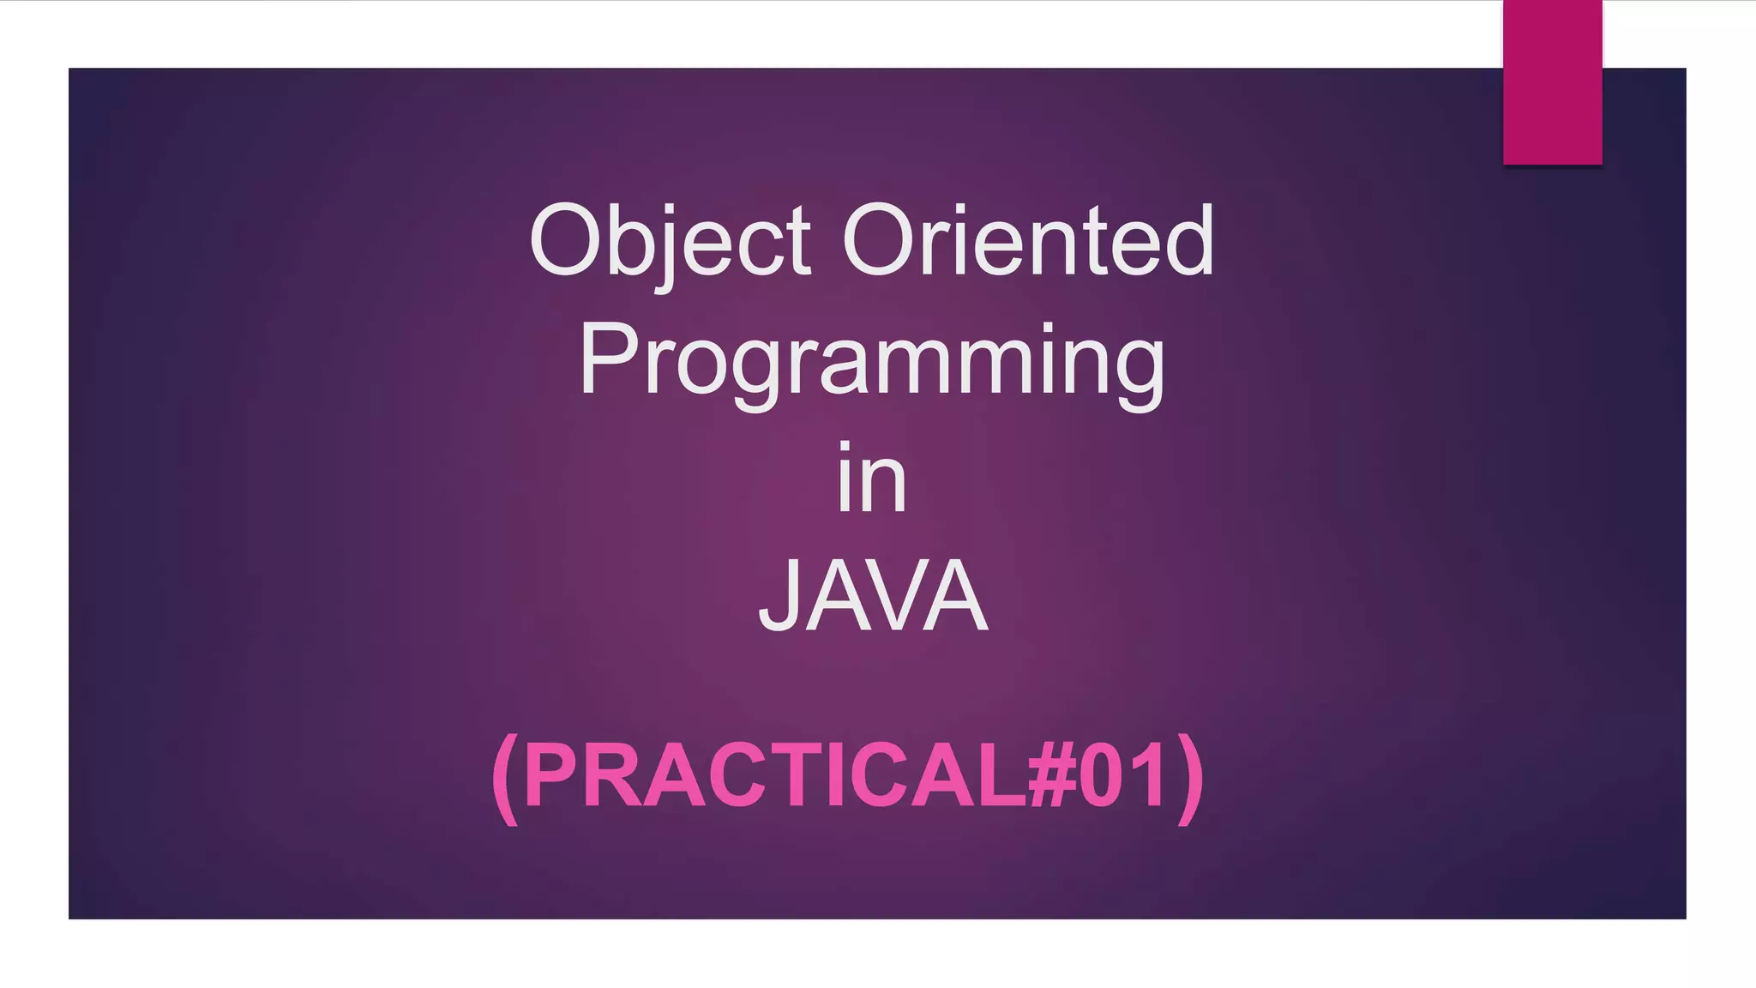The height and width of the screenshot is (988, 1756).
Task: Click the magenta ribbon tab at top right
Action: click(1552, 81)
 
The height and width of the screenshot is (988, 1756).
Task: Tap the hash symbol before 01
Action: click(1052, 776)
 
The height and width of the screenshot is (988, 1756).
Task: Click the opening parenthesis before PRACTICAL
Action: click(506, 778)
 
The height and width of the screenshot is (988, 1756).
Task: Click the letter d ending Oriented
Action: click(1191, 240)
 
